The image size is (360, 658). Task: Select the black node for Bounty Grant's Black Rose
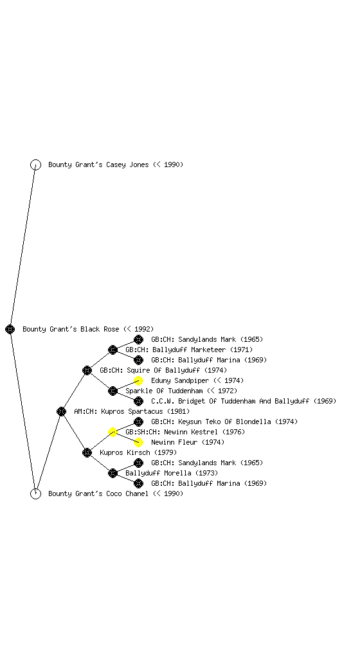click(10, 329)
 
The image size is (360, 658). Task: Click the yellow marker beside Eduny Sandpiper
click(138, 380)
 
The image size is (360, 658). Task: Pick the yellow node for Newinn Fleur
click(138, 442)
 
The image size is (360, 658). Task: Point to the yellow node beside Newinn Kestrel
click(113, 432)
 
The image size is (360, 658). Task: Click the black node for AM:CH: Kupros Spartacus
click(61, 411)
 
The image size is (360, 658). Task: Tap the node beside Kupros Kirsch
click(87, 452)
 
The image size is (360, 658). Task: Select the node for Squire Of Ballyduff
click(87, 370)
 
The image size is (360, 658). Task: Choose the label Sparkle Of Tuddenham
click(164, 391)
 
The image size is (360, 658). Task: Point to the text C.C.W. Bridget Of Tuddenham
click(204, 401)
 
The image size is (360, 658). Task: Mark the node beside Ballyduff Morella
click(113, 473)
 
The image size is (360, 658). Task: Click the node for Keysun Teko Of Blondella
click(138, 422)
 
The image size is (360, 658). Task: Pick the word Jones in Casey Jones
click(139, 164)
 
